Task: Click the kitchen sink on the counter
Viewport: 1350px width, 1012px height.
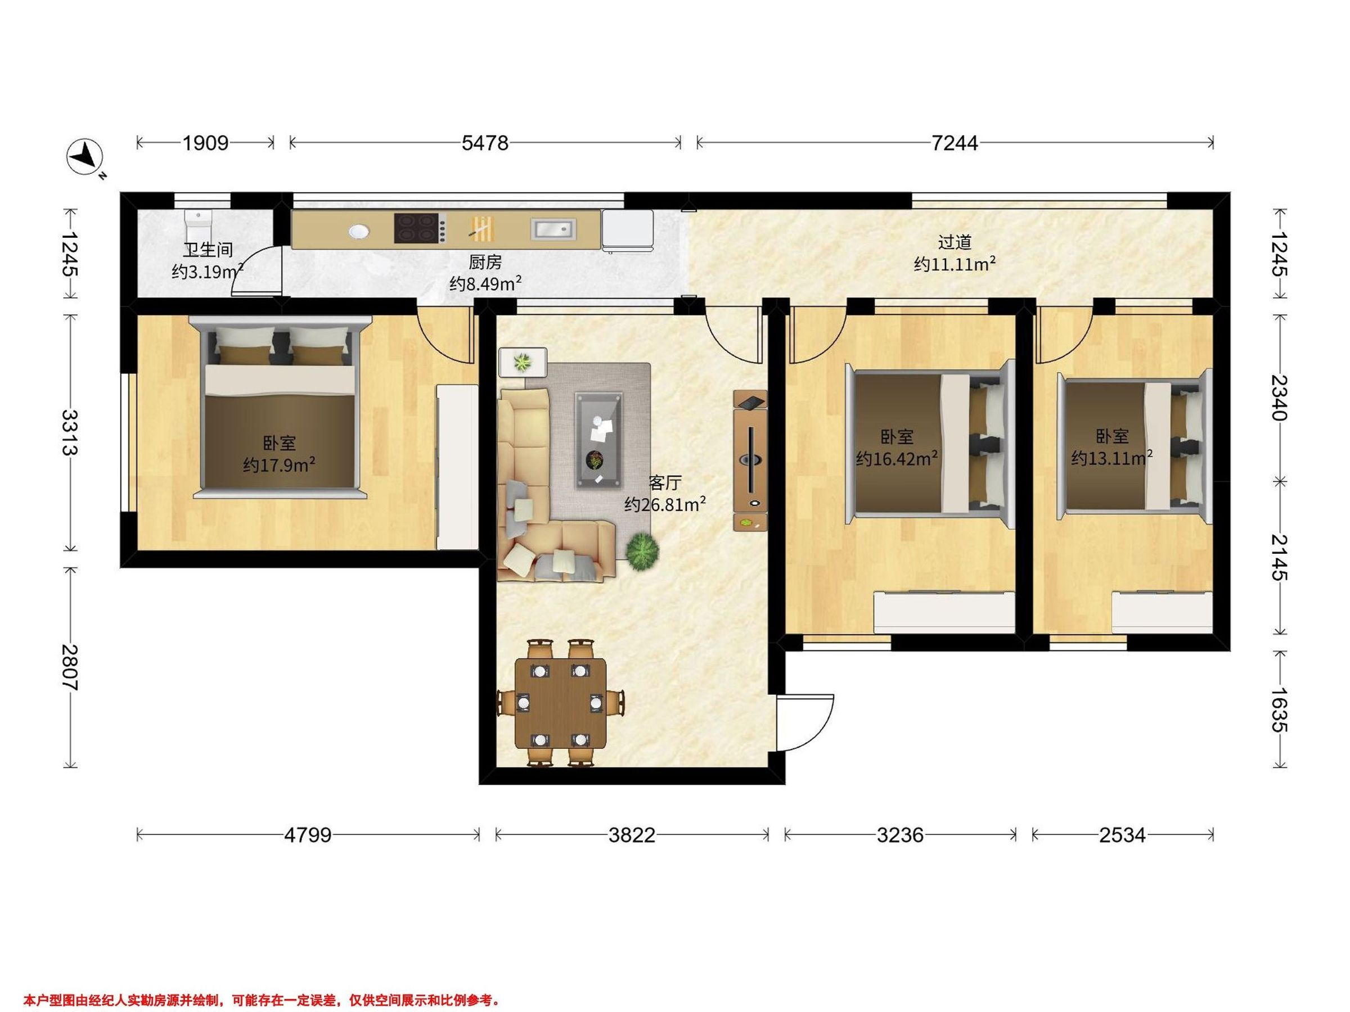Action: point(553,229)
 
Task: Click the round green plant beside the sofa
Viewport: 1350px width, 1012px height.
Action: point(642,552)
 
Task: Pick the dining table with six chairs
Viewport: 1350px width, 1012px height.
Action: point(561,702)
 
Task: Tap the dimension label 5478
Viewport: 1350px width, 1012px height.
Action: point(485,143)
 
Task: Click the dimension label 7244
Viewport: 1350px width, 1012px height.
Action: point(955,143)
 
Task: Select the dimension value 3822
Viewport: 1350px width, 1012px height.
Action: point(632,834)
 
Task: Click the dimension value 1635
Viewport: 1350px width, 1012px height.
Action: point(1279,710)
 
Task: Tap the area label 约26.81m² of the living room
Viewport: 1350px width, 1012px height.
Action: point(665,504)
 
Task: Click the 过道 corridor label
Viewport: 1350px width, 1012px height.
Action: point(955,242)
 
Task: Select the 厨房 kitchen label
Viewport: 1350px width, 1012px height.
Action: point(485,263)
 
